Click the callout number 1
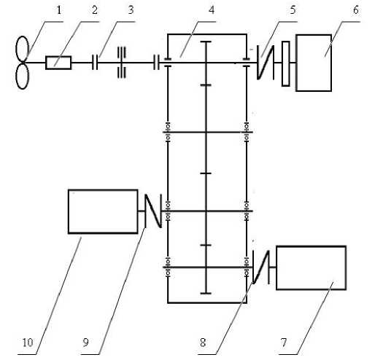[58, 10]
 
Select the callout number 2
[95, 10]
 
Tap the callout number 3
[131, 10]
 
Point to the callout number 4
[212, 10]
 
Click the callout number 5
[293, 10]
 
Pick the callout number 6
[356, 10]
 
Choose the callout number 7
[284, 343]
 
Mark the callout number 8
[203, 343]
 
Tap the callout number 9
[86, 343]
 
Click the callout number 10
[28, 343]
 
